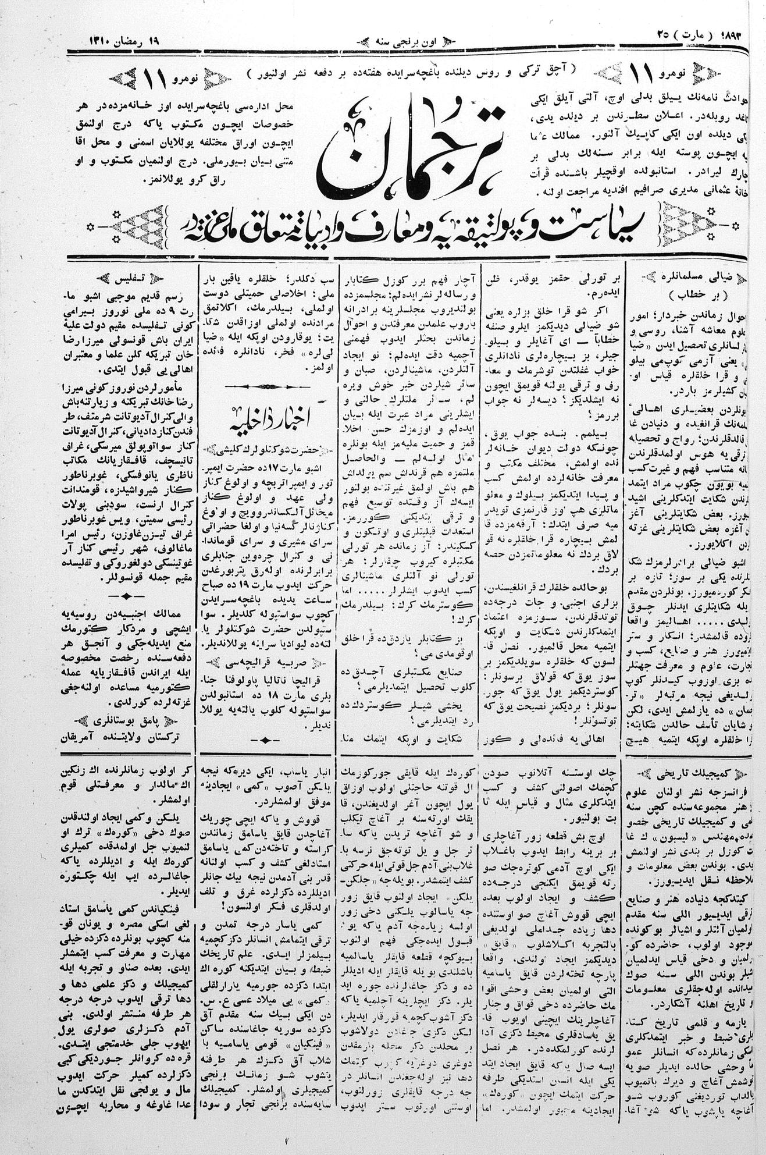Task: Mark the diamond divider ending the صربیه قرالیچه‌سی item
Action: pyautogui.click(x=265, y=740)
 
